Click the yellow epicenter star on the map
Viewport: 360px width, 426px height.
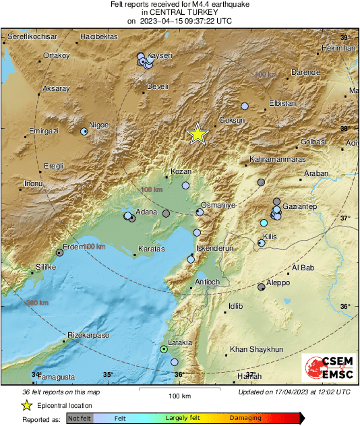[x=197, y=133]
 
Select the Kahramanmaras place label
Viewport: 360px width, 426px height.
[x=277, y=159]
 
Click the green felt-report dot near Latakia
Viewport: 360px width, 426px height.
[x=163, y=349]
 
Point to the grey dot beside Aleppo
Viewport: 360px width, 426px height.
[x=262, y=287]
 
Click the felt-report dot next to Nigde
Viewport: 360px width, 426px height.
[x=84, y=132]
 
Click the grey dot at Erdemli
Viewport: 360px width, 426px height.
[x=59, y=253]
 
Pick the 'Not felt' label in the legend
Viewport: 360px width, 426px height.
[x=80, y=418]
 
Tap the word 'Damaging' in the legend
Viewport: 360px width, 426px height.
[x=245, y=418]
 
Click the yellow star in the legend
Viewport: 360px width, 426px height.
[x=26, y=405]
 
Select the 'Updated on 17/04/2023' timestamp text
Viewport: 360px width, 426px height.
[x=294, y=392]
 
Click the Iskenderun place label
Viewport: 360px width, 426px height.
[x=214, y=248]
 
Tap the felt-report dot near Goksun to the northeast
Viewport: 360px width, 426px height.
[x=245, y=106]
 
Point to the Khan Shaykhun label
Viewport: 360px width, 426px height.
[x=257, y=349]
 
